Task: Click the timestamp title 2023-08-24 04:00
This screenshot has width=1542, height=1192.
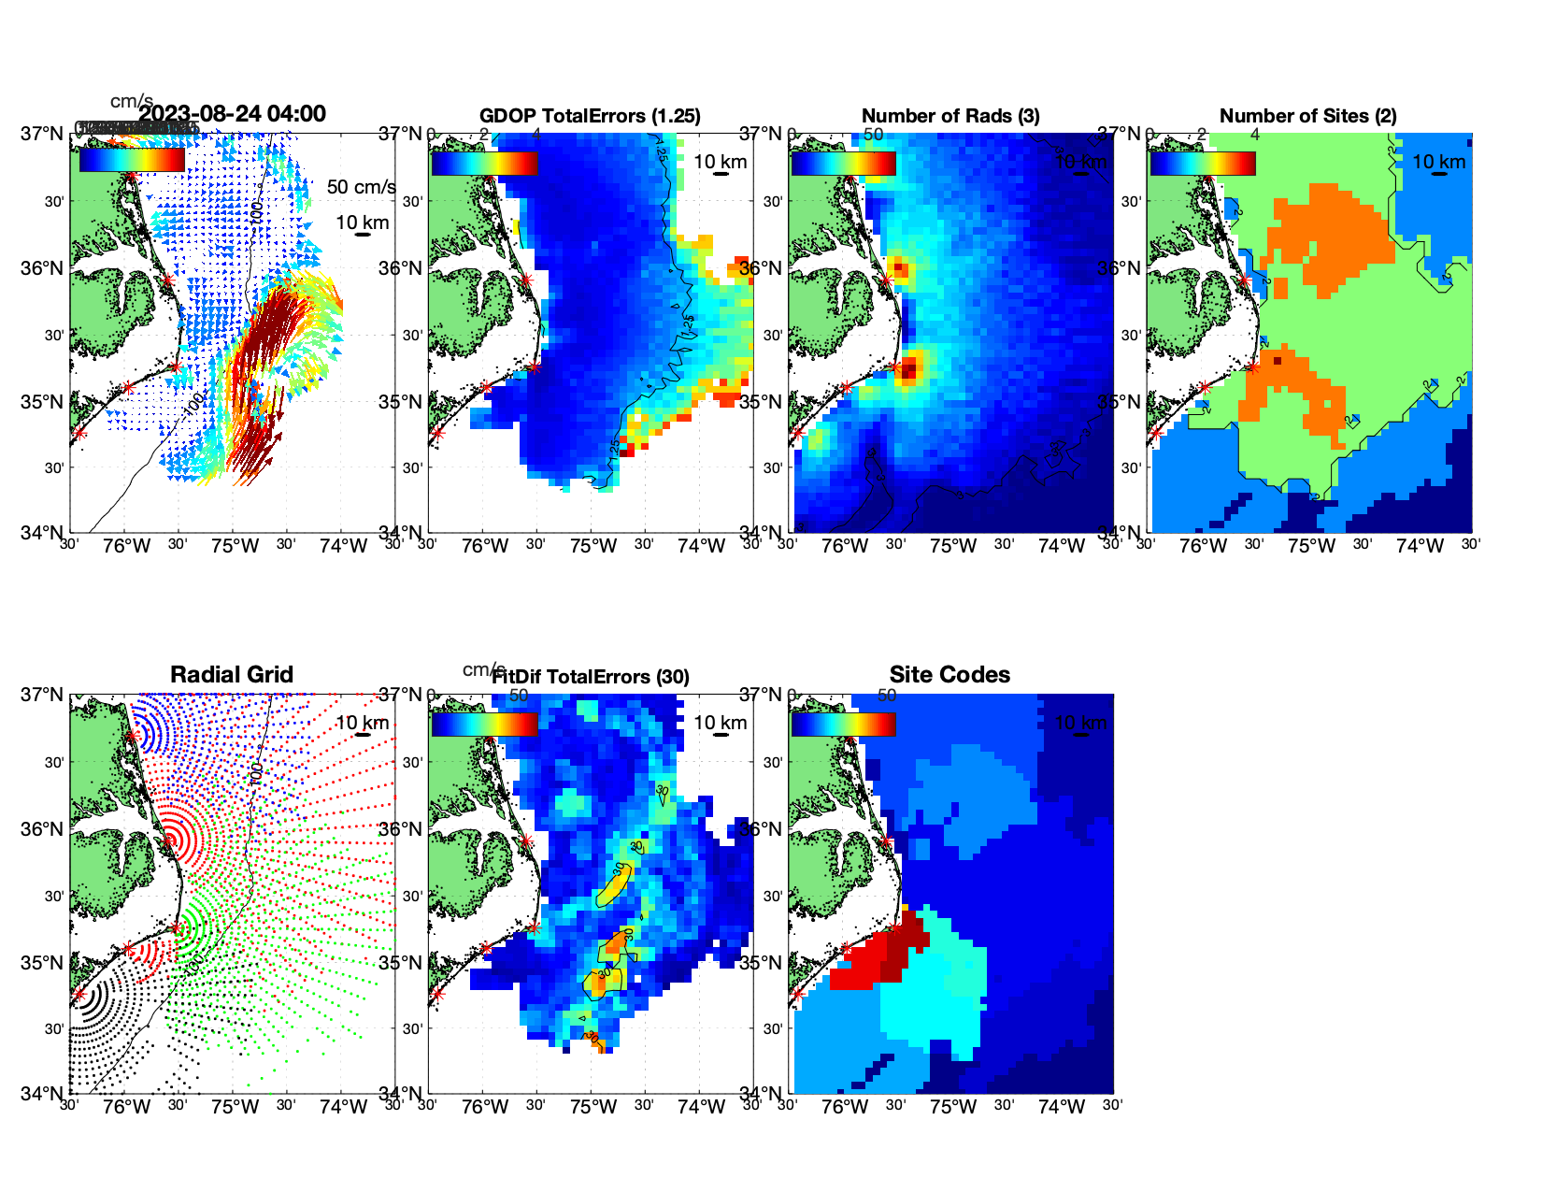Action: point(233,114)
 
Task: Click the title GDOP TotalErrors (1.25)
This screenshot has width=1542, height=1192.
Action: point(590,116)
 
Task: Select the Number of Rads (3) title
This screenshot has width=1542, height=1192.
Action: point(949,116)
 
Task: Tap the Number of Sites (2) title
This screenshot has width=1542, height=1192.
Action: point(1307,116)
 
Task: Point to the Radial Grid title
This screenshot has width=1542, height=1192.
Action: point(232,675)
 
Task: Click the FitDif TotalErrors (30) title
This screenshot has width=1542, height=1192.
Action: point(591,677)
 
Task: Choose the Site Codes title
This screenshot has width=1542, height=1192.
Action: point(949,675)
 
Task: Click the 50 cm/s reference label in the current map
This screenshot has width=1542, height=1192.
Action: point(361,187)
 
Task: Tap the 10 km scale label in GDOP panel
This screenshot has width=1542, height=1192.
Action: point(720,162)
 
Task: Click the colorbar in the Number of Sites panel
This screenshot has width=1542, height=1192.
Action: point(1203,163)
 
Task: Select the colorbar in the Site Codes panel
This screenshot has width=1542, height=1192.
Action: point(843,724)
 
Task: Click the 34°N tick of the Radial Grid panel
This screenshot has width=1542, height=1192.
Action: point(42,1093)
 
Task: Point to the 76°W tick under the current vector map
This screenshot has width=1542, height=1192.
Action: point(126,546)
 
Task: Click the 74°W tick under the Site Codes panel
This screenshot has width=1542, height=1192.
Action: point(1062,1107)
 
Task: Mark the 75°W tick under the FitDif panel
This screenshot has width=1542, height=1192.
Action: point(593,1107)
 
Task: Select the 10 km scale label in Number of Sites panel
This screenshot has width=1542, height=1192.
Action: point(1438,162)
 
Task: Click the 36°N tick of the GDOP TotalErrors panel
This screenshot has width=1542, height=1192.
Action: point(400,268)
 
